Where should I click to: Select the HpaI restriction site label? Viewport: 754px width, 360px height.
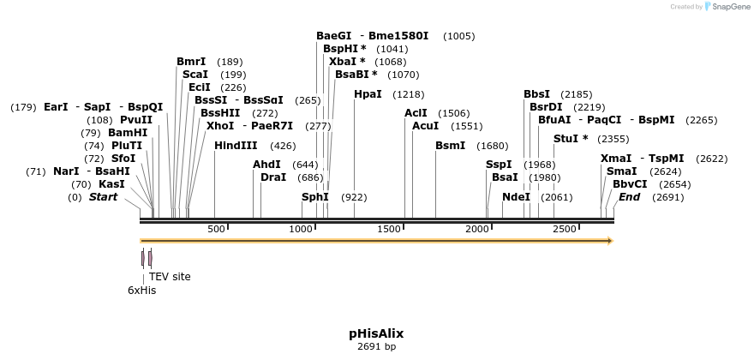click(368, 94)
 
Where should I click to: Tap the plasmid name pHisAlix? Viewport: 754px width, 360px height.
click(376, 333)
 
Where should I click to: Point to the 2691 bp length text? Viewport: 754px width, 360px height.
click(376, 347)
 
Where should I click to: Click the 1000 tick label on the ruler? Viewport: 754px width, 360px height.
click(302, 229)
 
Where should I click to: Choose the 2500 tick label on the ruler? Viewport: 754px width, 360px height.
click(565, 229)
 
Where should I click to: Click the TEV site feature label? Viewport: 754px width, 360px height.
click(170, 277)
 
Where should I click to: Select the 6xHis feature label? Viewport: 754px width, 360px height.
click(142, 291)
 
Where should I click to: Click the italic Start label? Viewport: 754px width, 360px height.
click(103, 197)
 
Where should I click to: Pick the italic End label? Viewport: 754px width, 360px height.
click(629, 197)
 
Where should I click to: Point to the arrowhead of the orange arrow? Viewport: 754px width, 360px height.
click(609, 241)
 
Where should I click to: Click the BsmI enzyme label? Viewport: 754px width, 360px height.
click(450, 146)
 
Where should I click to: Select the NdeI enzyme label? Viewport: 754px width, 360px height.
click(516, 197)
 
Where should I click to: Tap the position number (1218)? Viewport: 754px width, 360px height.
click(408, 94)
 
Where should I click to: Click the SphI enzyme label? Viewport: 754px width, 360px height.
click(314, 197)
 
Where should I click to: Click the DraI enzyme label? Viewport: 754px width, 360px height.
click(273, 177)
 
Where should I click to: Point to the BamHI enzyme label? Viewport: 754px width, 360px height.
click(128, 133)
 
